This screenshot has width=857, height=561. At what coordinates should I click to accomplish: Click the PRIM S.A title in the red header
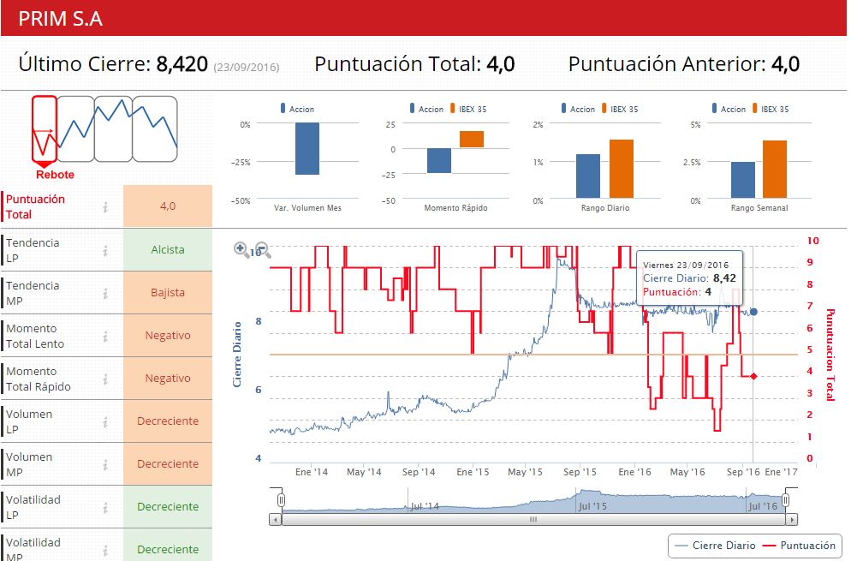[x=61, y=18]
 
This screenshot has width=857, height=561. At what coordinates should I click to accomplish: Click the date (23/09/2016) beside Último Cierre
[x=247, y=66]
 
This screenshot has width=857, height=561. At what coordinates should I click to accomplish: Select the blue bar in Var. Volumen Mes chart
[x=306, y=148]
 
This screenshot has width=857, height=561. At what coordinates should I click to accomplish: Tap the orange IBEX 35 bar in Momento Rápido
[x=472, y=139]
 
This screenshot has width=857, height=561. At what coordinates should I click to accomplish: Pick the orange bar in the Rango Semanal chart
[x=774, y=169]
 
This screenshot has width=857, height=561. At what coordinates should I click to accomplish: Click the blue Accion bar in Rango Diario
[x=588, y=176]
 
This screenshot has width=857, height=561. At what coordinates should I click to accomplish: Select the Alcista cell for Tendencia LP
[x=168, y=250]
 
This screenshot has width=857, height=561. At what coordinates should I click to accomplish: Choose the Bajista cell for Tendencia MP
[x=168, y=293]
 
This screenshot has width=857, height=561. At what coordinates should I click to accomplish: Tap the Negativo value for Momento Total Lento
[x=168, y=336]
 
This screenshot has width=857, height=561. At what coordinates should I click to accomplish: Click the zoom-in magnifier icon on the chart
[x=242, y=249]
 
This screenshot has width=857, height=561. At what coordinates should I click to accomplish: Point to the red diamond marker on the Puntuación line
[x=753, y=376]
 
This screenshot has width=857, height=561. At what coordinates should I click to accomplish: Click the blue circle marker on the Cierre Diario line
[x=753, y=312]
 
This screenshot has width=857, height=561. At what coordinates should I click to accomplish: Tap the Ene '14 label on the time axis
[x=311, y=472]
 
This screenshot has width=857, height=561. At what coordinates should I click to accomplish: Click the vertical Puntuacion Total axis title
[x=829, y=355]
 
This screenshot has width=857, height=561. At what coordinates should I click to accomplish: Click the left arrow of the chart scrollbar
[x=275, y=519]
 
